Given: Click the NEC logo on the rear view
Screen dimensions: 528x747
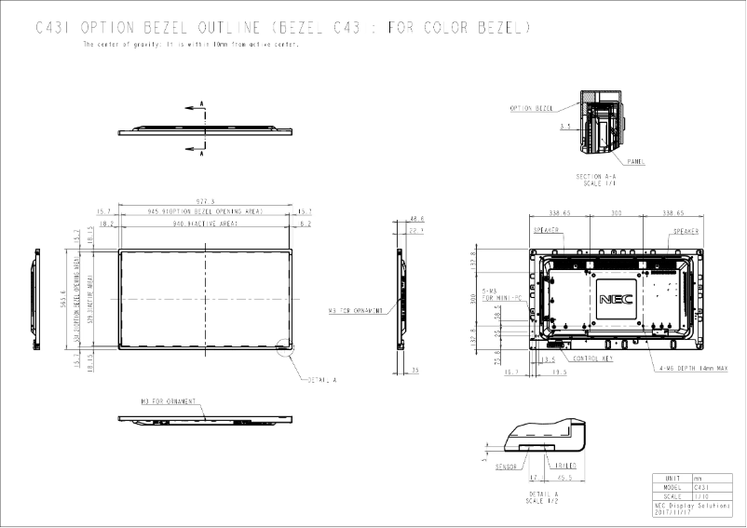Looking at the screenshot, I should [615, 300].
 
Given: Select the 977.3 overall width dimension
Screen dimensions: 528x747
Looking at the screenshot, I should [205, 201].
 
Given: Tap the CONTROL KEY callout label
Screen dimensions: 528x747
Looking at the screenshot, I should [592, 359].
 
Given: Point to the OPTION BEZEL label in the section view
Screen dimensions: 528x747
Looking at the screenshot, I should [532, 108].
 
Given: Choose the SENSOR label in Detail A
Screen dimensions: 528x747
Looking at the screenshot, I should [506, 466].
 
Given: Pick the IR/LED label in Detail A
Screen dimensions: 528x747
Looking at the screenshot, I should [564, 466].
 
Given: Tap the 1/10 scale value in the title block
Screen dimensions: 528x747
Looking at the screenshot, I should [702, 496].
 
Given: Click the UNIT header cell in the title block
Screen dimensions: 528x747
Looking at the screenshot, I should [672, 478].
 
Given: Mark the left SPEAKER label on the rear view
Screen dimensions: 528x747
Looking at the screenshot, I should [546, 230].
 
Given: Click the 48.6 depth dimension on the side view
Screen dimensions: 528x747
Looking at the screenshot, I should [416, 220].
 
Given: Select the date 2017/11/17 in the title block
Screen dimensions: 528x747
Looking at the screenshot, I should [673, 512].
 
